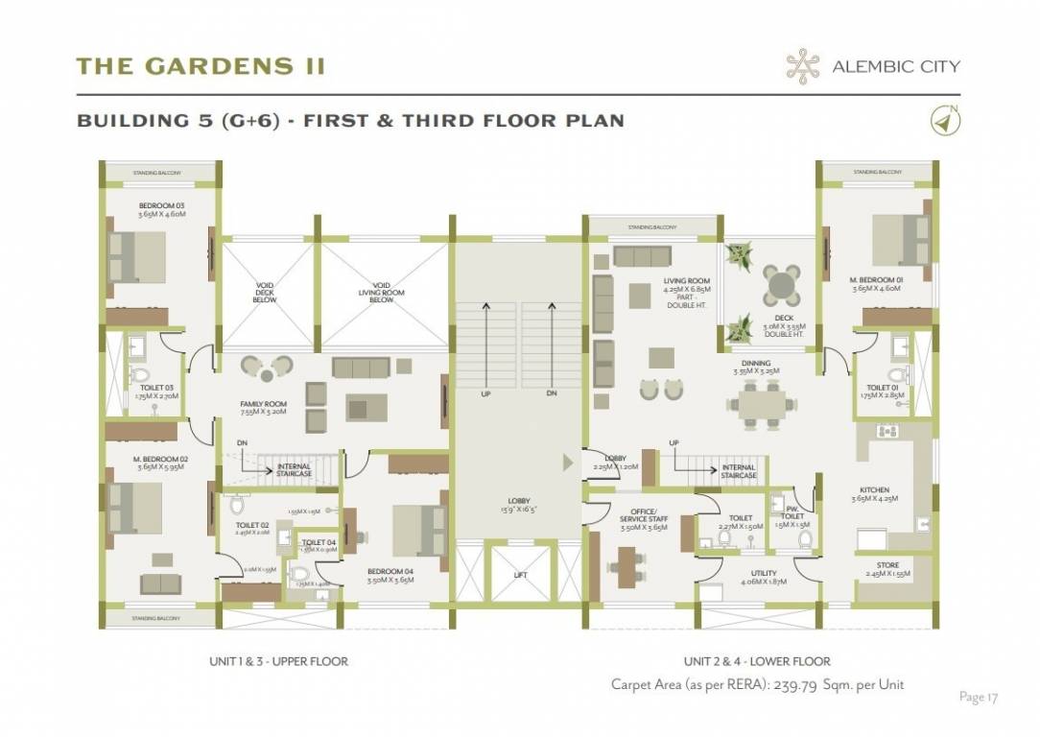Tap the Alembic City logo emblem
click(802, 66)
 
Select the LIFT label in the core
click(519, 575)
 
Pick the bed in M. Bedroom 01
click(898, 239)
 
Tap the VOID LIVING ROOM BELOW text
click(382, 292)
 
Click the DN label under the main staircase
click(552, 394)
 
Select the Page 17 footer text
click(978, 697)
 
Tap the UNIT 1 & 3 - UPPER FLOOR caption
click(278, 661)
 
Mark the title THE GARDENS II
click(201, 66)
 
